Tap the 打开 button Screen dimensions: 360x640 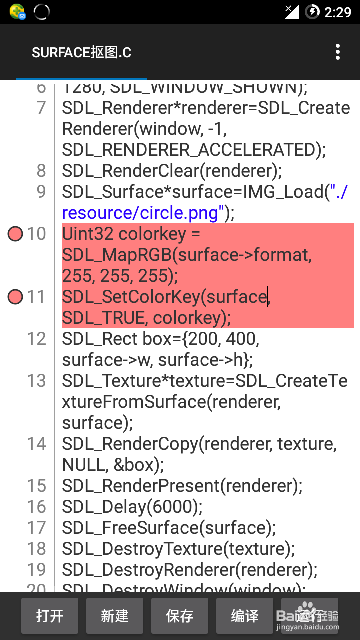click(x=50, y=616)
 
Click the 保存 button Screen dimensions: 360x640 click(x=180, y=616)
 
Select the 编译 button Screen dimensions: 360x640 click(x=245, y=616)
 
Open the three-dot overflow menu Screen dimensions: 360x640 click(x=338, y=52)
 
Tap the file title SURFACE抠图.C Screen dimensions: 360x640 click(x=81, y=52)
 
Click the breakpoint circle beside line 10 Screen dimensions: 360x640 click(x=15, y=234)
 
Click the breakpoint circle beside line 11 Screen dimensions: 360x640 click(x=15, y=297)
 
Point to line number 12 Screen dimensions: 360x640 click(x=36, y=339)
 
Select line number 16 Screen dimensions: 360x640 click(x=36, y=507)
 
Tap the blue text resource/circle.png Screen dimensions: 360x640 click(x=140, y=213)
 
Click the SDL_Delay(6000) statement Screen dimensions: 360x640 click(x=132, y=507)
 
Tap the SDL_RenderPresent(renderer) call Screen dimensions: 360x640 click(x=182, y=486)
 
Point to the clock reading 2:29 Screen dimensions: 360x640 click(x=338, y=12)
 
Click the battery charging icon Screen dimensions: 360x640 click(x=312, y=11)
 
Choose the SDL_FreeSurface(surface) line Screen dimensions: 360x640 click(x=169, y=528)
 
